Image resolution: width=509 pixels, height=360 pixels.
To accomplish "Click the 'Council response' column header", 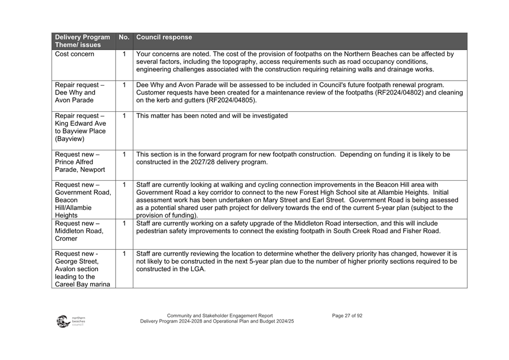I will click(x=164, y=38).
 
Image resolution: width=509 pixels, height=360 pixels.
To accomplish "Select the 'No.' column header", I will click(x=124, y=38).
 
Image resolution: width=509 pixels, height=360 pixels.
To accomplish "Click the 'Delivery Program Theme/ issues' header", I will click(x=82, y=41).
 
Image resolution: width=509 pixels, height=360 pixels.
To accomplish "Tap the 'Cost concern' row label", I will click(x=75, y=55).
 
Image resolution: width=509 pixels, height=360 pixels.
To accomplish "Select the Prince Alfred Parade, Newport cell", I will click(x=77, y=162).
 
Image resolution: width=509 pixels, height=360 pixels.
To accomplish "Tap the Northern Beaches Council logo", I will click(x=70, y=321).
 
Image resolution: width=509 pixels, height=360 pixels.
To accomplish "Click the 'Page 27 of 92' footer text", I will click(x=347, y=315).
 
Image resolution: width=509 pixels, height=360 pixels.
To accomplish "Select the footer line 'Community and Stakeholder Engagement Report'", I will click(x=220, y=315).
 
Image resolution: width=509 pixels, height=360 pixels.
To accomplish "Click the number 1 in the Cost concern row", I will click(x=124, y=55).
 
